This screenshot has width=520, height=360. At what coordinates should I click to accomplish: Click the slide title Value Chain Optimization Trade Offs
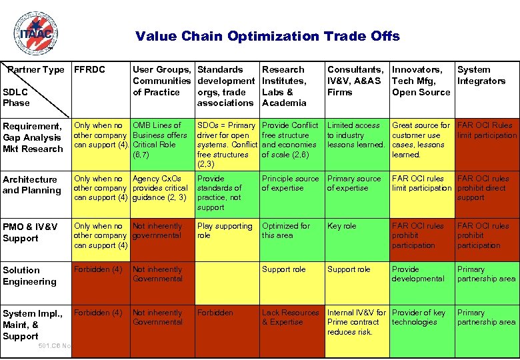(267, 36)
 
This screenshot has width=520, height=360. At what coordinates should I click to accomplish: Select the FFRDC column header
(89, 69)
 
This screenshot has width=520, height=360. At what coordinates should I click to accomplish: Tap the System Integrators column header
(481, 75)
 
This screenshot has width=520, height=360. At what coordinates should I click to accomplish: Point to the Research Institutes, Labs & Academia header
(284, 86)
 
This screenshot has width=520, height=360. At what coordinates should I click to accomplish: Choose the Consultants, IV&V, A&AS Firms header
(355, 81)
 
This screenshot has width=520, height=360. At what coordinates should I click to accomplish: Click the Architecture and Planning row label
(31, 185)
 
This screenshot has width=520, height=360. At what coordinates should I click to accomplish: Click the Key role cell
(341, 227)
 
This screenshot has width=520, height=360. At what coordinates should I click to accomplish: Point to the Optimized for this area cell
(285, 231)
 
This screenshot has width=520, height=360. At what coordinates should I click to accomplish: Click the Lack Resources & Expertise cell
(290, 317)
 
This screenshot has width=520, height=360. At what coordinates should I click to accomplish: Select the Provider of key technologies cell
(419, 317)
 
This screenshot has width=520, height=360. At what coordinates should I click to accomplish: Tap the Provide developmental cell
(417, 274)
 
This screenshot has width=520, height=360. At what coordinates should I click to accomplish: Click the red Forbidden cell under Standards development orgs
(215, 313)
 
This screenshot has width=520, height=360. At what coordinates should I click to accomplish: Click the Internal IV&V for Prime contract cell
(356, 322)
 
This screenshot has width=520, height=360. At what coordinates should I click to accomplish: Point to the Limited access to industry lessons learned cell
(355, 135)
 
